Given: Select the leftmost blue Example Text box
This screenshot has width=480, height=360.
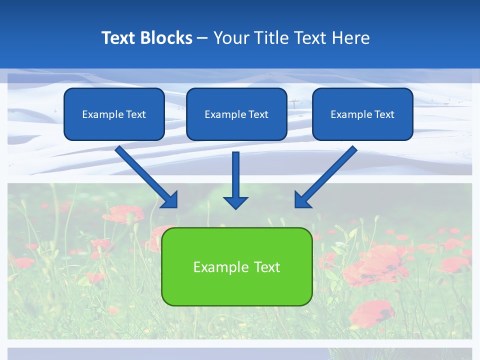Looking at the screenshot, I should pos(114,114).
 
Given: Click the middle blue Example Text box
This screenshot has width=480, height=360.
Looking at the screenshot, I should pos(236,114).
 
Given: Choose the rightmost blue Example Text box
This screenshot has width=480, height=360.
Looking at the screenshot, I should pos(362,114).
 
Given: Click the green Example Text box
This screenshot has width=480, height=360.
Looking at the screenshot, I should pos(236,266).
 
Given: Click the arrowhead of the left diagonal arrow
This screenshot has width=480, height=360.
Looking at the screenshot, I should pos(170,200).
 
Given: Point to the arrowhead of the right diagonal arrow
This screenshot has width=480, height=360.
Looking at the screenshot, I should pos(302,200).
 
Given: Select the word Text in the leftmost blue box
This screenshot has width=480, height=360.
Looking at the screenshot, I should pos(135,114).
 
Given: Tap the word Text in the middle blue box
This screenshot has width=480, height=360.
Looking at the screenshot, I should pos(258,114).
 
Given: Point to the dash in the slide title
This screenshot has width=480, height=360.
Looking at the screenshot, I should pos(202,38).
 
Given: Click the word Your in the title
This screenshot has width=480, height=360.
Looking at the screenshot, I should pos(230,38).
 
